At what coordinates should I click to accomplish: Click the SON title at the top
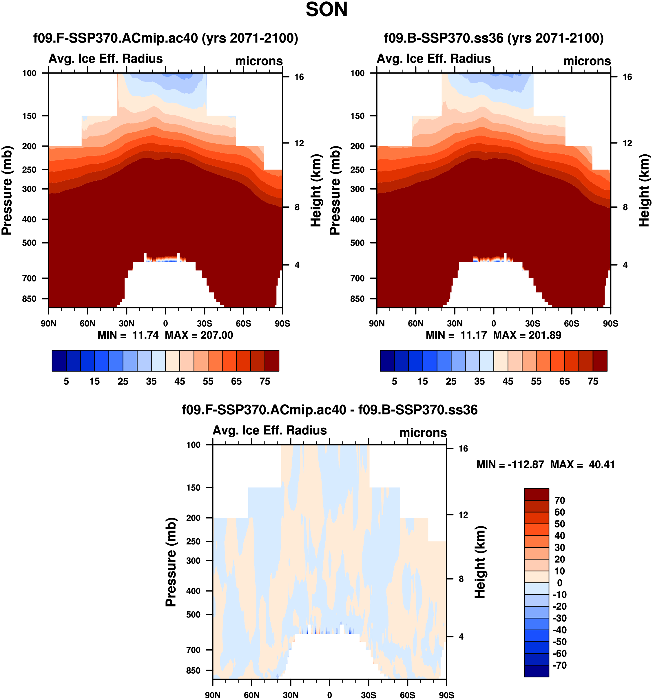[x=326, y=10]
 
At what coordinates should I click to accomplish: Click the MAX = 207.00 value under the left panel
[x=199, y=335]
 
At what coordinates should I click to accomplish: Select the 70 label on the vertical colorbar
[x=559, y=500]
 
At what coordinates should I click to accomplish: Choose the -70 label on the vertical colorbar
[x=559, y=666]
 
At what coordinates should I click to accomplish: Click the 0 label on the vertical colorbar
[x=559, y=583]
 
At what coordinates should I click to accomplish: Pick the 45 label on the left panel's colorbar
[x=180, y=381]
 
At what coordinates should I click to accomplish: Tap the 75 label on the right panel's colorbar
[x=593, y=381]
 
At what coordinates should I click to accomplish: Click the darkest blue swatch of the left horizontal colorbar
[x=59, y=361]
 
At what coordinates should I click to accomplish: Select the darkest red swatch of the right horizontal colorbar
[x=600, y=361]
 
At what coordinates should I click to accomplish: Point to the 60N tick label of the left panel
[x=87, y=324]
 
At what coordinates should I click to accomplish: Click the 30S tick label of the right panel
[x=532, y=324]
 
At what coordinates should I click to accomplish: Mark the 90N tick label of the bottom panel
[x=212, y=695]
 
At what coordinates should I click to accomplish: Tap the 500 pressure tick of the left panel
[x=29, y=243]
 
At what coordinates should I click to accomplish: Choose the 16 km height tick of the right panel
[x=627, y=77]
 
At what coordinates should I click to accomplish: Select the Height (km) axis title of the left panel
[x=316, y=190]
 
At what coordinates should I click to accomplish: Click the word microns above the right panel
[x=587, y=61]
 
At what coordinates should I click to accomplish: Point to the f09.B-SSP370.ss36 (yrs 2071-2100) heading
[x=493, y=38]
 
